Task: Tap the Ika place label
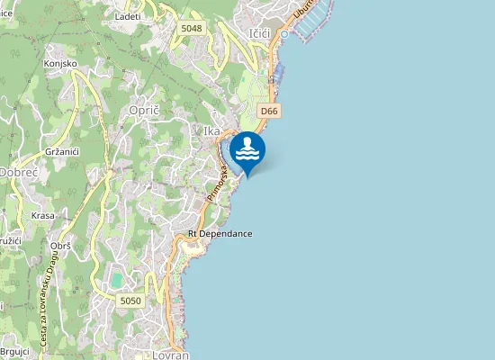(x=212, y=131)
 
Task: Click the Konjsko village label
(x=59, y=64)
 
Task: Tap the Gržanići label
(x=61, y=151)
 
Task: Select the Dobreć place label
(x=17, y=171)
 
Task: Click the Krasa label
(x=42, y=216)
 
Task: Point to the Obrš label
(x=61, y=246)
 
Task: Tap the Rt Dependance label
(x=220, y=234)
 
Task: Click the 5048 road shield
(x=192, y=28)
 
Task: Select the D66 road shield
(x=268, y=111)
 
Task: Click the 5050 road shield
(x=130, y=301)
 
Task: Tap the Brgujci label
(x=15, y=351)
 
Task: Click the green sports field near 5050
(x=117, y=281)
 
